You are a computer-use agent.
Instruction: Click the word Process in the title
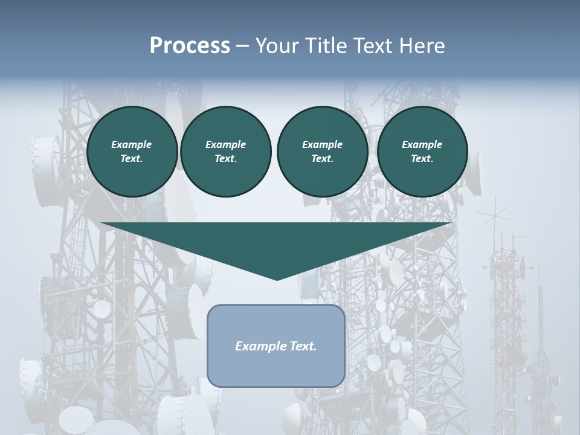190,46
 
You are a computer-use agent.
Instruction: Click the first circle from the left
132,152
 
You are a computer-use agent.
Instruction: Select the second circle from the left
225,152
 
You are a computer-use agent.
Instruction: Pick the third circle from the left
322,152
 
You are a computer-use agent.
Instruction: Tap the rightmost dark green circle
422,152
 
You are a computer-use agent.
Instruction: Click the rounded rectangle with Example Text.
276,346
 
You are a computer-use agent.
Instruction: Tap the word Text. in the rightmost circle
422,159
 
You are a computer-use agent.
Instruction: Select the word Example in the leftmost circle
132,144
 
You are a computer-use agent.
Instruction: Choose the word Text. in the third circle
322,159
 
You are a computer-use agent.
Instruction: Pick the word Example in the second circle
225,144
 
